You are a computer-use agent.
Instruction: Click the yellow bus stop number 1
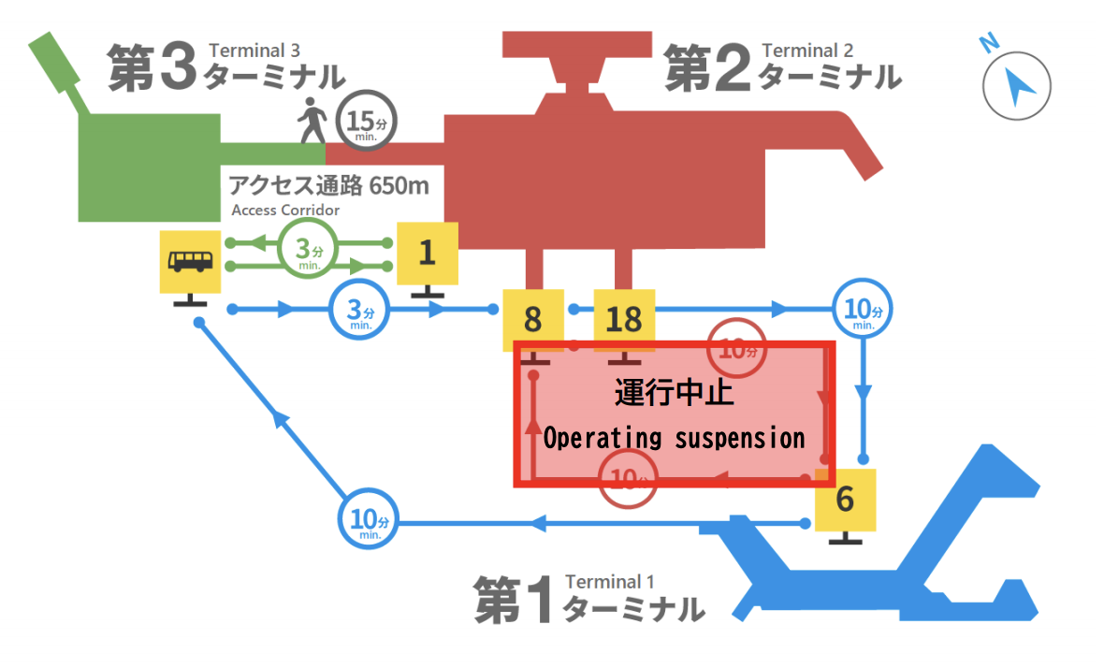click(428, 253)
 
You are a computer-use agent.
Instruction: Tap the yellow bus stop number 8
click(532, 320)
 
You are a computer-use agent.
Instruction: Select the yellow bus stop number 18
click(624, 320)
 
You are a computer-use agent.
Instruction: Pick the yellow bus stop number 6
click(845, 500)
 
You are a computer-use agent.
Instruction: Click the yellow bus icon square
click(190, 261)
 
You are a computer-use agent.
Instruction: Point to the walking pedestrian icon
click(312, 122)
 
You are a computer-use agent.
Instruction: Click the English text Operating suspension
click(674, 438)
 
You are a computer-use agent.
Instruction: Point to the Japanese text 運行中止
click(674, 392)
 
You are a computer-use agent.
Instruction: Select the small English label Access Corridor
click(285, 210)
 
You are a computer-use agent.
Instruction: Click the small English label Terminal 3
click(254, 50)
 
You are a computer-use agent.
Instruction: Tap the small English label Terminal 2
click(807, 50)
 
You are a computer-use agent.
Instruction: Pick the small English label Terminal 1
click(610, 582)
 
